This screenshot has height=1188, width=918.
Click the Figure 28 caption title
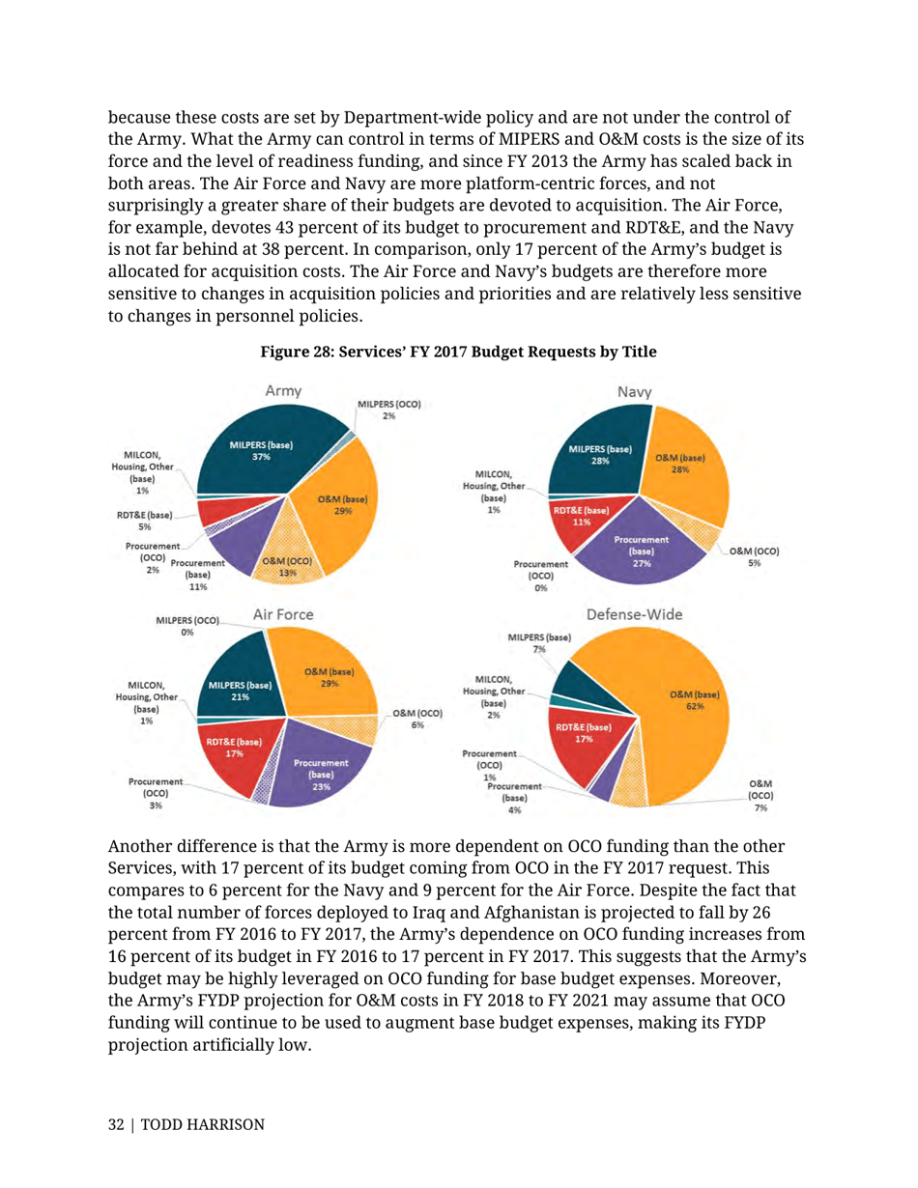458,354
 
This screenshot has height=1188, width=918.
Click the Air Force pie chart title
282,613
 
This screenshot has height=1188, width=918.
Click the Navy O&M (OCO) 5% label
755,556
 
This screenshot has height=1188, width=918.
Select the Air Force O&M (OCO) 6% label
417,719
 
